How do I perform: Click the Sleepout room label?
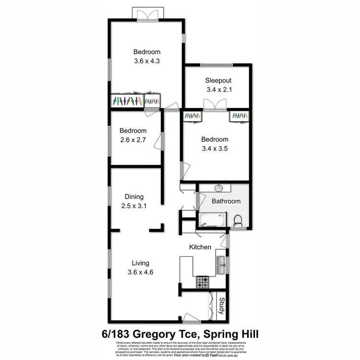click(x=219, y=80)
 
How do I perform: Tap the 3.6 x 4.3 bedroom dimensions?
click(x=147, y=61)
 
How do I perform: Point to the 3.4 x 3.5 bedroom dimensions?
click(x=214, y=149)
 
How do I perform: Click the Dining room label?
click(x=134, y=196)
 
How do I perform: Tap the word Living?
click(x=141, y=263)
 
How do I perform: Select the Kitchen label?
click(x=200, y=247)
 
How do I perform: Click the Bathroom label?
click(x=226, y=201)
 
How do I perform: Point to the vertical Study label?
click(x=222, y=306)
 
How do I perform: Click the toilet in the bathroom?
click(x=237, y=221)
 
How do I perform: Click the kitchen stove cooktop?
click(x=202, y=282)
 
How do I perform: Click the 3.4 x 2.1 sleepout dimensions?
click(x=219, y=89)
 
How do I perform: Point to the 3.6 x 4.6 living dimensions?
click(x=141, y=272)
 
